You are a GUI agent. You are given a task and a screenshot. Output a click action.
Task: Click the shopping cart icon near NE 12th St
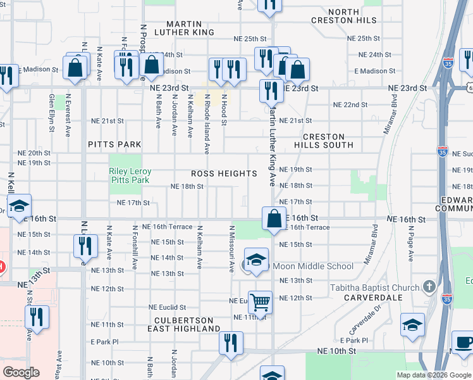260,301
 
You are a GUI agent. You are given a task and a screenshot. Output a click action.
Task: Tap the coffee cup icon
463,341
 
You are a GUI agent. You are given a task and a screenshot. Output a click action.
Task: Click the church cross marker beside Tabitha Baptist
430,286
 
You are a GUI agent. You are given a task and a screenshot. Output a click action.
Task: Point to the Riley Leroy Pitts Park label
129,175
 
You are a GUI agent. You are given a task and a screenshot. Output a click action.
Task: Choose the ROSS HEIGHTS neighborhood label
224,174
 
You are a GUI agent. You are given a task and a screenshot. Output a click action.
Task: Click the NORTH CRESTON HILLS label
344,16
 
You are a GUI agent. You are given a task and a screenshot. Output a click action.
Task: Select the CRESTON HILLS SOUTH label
328,141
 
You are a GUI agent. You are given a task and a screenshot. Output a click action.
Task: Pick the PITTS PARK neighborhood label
114,144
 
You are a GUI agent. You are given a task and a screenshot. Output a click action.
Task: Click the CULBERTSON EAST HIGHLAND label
183,324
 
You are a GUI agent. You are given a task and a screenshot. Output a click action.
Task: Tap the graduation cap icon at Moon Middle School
256,260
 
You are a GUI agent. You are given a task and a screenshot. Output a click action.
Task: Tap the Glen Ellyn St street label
52,113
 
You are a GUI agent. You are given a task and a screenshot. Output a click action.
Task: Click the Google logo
21,372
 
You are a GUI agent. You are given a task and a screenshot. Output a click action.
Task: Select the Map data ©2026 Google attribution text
433,375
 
